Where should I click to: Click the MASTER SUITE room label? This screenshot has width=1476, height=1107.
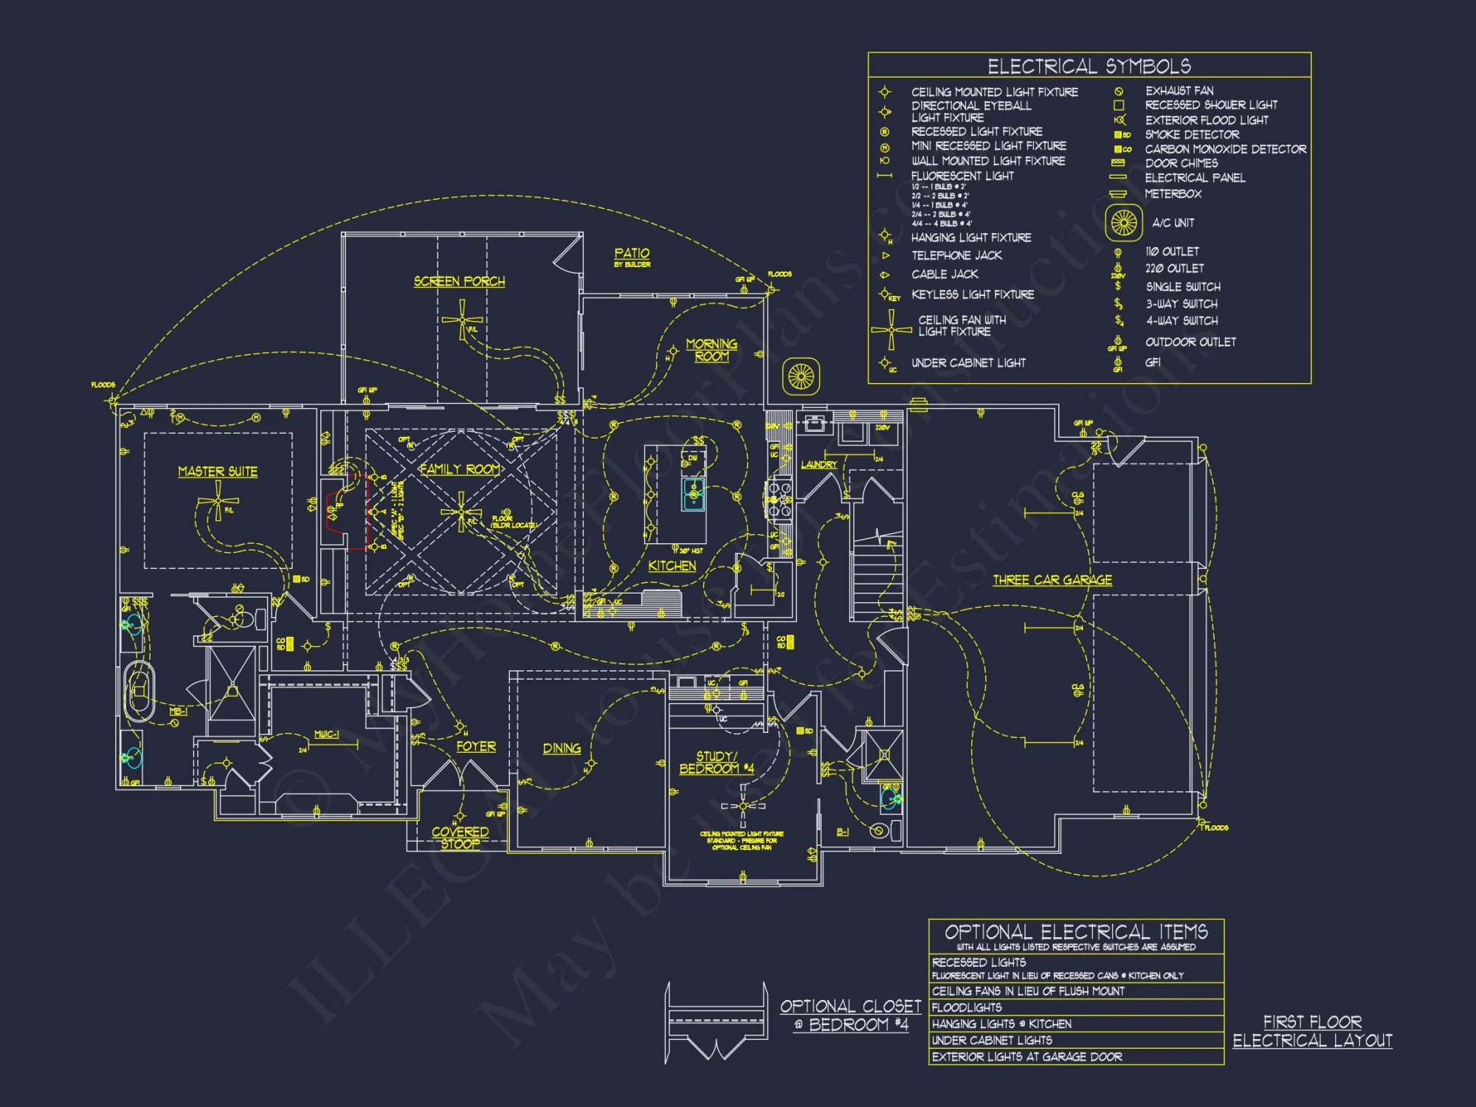pos(218,472)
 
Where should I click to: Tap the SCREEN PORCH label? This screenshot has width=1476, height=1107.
pos(459,281)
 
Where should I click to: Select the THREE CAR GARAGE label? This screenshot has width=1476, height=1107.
pos(1052,580)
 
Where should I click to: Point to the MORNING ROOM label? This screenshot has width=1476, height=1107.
pos(711,350)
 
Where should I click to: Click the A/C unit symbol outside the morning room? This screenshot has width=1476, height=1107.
pos(801,377)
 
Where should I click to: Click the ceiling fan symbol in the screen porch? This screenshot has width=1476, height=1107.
pos(462,320)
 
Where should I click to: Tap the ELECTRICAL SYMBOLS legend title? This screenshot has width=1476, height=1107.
pos(1089,66)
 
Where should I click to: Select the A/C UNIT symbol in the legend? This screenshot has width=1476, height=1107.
pos(1123,222)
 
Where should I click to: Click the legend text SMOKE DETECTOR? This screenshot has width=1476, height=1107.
pos(1191,134)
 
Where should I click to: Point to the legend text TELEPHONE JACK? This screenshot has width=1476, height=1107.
pos(956,255)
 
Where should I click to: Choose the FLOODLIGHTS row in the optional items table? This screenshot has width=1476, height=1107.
pos(967,1007)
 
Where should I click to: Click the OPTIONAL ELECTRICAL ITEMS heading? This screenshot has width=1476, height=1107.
pos(1075,931)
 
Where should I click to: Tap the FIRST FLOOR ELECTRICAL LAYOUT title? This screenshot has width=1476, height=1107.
pos(1312,1031)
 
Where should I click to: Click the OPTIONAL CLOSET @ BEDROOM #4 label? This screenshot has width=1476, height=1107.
pos(850,1015)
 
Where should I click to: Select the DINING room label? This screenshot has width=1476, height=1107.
pos(562,748)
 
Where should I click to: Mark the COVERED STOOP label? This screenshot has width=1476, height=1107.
pos(460,838)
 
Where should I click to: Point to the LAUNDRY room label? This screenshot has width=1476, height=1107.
pos(819,464)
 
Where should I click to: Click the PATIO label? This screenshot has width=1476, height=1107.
pos(632,254)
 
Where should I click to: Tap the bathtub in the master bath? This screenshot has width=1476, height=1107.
pos(139,692)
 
